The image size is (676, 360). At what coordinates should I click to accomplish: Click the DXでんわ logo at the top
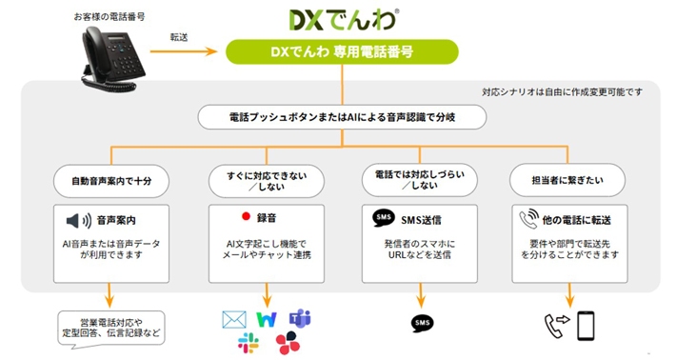[x=344, y=20]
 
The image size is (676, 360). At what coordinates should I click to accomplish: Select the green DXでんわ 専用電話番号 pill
[x=342, y=52]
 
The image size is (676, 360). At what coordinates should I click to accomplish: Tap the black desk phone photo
[x=114, y=59]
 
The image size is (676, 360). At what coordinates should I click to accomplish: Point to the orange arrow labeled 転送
[x=184, y=51]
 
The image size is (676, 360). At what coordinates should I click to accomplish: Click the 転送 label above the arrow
[x=179, y=37]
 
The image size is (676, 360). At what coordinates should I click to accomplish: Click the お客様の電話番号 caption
[x=109, y=17]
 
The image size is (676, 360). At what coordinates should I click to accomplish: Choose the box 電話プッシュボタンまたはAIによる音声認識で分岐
[x=343, y=117]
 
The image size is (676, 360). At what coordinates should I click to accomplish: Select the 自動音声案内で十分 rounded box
[x=111, y=181]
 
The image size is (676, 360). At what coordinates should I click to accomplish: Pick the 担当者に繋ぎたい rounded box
[x=567, y=180]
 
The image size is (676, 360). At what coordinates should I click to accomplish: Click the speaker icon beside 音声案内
[x=79, y=221]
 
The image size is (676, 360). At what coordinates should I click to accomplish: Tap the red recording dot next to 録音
[x=247, y=216]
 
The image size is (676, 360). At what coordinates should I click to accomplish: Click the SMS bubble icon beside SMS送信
[x=384, y=218]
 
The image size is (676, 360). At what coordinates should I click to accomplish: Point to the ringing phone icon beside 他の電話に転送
[x=529, y=219]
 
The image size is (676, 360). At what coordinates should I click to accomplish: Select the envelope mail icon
[x=234, y=319]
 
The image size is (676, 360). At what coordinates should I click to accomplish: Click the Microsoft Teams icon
[x=300, y=319]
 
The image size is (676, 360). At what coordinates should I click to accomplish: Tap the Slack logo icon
[x=249, y=343]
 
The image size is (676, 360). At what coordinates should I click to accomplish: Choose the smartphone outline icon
[x=586, y=326]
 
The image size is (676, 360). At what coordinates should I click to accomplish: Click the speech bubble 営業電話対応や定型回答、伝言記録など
[x=111, y=330]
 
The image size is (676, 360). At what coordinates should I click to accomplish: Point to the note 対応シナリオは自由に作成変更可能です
[x=562, y=91]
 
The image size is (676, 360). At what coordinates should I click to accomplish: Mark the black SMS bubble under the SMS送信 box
[x=423, y=324]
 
